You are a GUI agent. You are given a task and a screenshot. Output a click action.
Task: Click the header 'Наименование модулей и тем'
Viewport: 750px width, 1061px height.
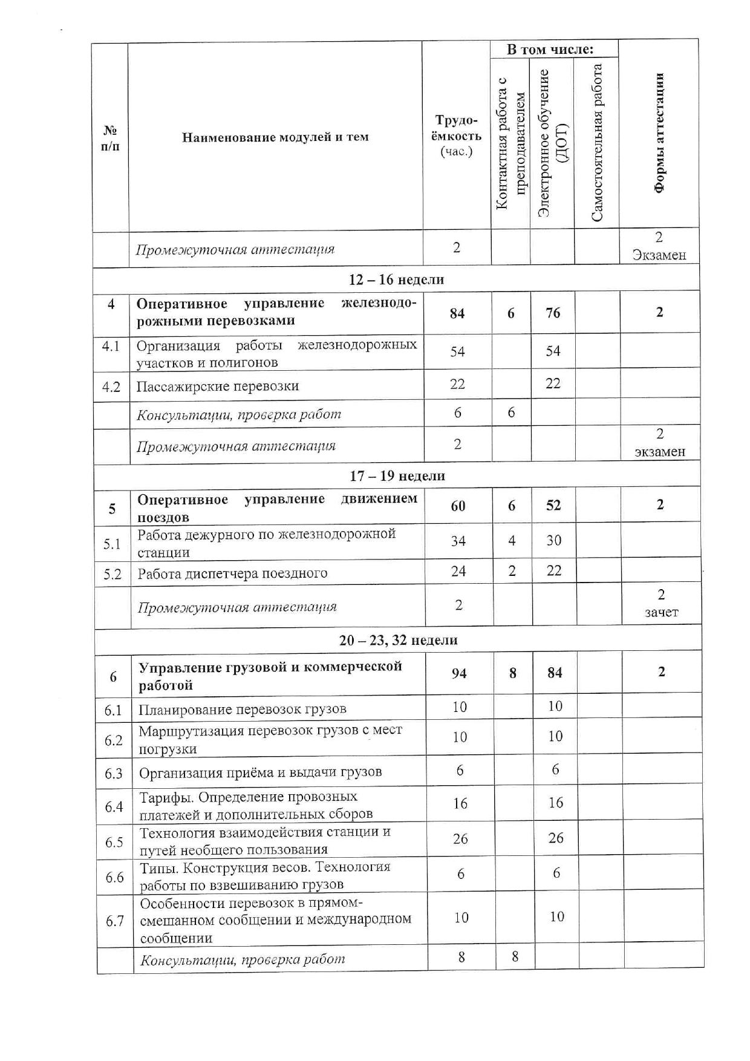275,137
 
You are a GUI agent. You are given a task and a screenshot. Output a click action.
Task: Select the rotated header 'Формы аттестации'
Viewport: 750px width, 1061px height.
659,133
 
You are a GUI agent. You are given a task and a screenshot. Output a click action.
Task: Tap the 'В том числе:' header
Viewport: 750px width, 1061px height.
549,50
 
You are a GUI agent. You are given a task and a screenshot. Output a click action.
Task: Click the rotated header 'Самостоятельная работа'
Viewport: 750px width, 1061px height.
597,143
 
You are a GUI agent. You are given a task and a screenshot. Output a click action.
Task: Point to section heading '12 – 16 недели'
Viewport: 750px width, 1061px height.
396,279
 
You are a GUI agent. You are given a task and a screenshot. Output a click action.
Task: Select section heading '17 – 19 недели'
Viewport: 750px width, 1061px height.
397,475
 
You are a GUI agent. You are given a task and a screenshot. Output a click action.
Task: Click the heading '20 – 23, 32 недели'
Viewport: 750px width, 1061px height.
398,640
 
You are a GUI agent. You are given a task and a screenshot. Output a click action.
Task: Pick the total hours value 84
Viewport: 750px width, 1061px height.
457,313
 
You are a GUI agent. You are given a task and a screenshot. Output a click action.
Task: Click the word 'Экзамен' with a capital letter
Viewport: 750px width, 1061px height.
659,255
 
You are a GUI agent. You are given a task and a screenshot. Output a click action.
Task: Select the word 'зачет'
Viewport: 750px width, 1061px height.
661,612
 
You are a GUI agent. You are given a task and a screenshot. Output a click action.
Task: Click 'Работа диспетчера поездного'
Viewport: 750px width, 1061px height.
232,573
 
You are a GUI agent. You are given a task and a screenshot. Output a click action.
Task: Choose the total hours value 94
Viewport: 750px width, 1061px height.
459,673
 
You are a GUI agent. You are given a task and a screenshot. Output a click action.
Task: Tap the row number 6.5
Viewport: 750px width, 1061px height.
114,841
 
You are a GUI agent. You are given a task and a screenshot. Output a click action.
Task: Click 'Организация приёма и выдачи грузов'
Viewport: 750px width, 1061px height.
260,772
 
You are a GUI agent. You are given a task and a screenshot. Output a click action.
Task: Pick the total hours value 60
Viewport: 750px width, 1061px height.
458,505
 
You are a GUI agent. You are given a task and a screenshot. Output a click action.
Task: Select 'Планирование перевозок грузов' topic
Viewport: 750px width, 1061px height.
243,709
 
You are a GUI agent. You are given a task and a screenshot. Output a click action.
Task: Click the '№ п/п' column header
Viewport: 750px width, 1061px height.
110,138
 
